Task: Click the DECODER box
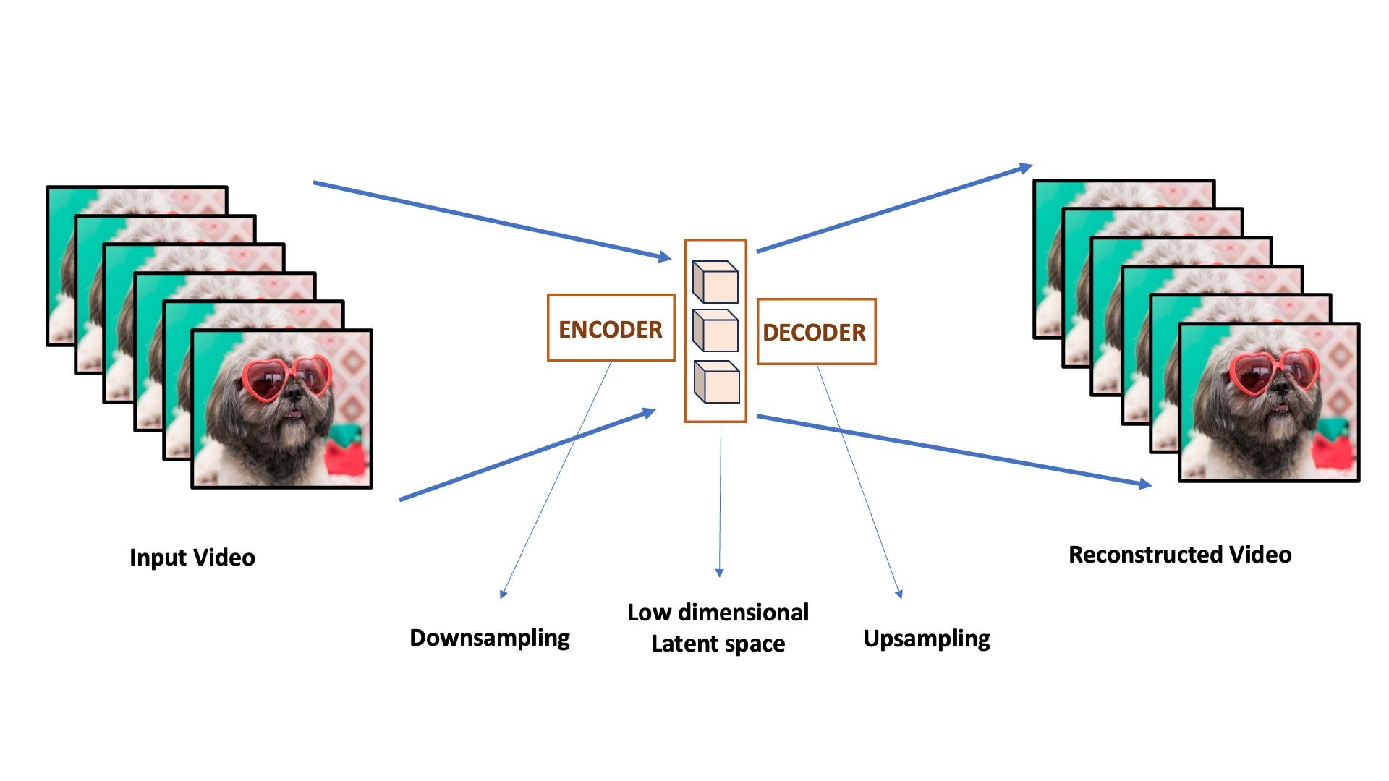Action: pos(815,331)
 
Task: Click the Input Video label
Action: pos(192,558)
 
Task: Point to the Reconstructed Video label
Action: pos(1180,555)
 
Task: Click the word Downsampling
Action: pos(490,638)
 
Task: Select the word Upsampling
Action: pos(927,639)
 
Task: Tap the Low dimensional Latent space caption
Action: pos(718,628)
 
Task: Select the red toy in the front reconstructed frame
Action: pos(1333,448)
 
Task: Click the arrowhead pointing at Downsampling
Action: pos(504,594)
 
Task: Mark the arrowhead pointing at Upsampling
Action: pos(899,594)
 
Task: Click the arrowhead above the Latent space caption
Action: pos(719,573)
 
